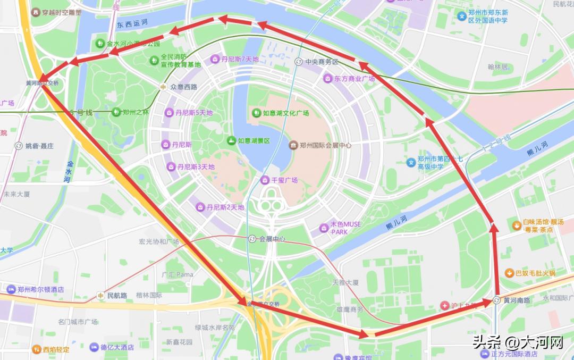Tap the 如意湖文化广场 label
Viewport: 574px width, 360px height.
[286, 113]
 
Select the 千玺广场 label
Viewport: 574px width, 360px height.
[284, 180]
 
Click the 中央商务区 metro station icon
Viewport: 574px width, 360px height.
[298, 62]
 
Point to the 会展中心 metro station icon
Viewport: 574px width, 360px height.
[252, 239]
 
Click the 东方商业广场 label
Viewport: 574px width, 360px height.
[354, 79]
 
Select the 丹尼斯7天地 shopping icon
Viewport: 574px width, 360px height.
[215, 59]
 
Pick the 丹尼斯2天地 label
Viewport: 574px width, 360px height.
[225, 207]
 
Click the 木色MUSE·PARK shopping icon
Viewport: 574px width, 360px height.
[323, 228]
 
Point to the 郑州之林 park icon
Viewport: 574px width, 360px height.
[116, 112]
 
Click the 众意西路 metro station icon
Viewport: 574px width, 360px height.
[164, 87]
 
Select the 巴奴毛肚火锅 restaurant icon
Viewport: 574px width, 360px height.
[509, 273]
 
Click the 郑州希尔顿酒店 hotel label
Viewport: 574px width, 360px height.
[41, 290]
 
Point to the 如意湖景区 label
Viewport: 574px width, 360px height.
[254, 141]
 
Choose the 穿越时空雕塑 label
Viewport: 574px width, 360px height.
[62, 12]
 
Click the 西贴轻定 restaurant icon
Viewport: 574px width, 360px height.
[36, 349]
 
